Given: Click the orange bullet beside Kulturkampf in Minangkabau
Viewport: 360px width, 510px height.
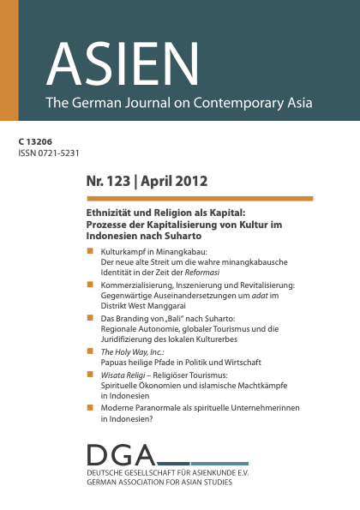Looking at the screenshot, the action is coord(90,249).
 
